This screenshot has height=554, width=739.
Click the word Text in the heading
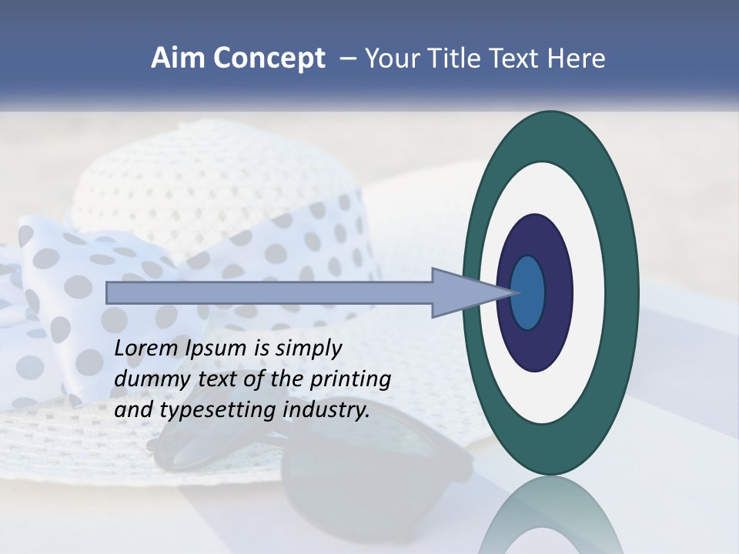click(x=518, y=58)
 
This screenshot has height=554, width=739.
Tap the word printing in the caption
click(x=350, y=380)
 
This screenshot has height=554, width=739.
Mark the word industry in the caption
click(x=326, y=410)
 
